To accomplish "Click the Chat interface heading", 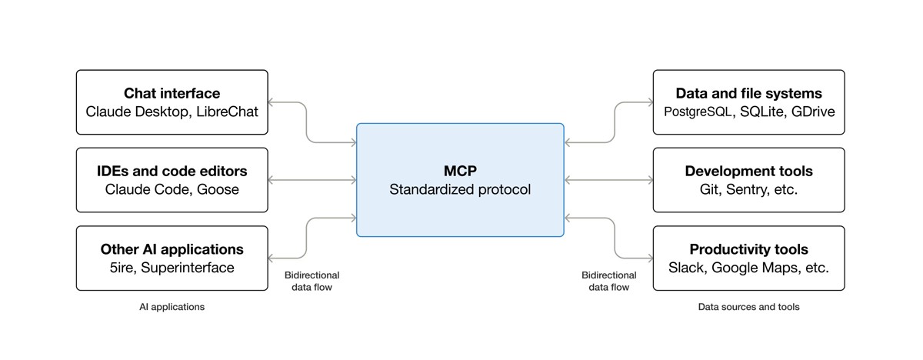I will (x=172, y=94).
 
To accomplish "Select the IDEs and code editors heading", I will (x=172, y=172).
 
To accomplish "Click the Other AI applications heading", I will (x=172, y=250).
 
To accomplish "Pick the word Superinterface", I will (x=188, y=268).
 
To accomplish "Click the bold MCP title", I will (x=460, y=171).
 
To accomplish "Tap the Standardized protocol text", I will (x=460, y=189).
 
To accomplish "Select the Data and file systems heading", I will (x=748, y=94).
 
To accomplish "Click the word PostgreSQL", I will (x=698, y=112).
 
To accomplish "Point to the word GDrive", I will (x=813, y=112).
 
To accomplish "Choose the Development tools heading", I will (x=748, y=172).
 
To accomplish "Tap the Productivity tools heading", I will (x=748, y=250).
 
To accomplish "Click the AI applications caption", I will (x=172, y=307).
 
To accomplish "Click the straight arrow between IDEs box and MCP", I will (x=312, y=180).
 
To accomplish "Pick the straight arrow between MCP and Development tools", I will (x=608, y=180).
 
